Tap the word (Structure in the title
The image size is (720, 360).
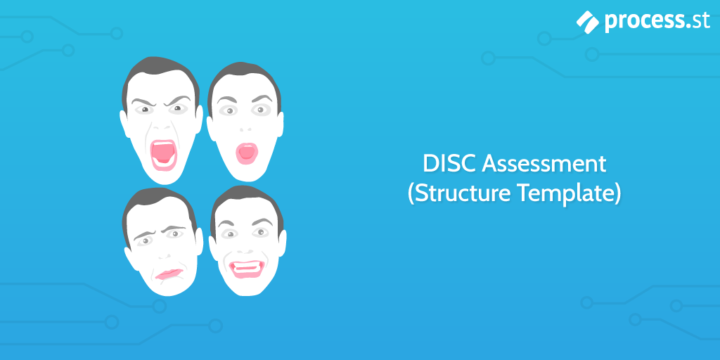[x=460, y=193]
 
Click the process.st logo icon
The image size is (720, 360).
[x=588, y=22]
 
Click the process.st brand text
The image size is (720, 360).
[x=657, y=22]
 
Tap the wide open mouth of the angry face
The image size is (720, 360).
[x=163, y=154]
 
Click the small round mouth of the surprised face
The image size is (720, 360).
[x=246, y=153]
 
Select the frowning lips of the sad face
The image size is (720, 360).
[x=169, y=274]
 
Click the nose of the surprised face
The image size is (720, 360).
[x=245, y=130]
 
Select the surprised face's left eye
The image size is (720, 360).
[x=229, y=111]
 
